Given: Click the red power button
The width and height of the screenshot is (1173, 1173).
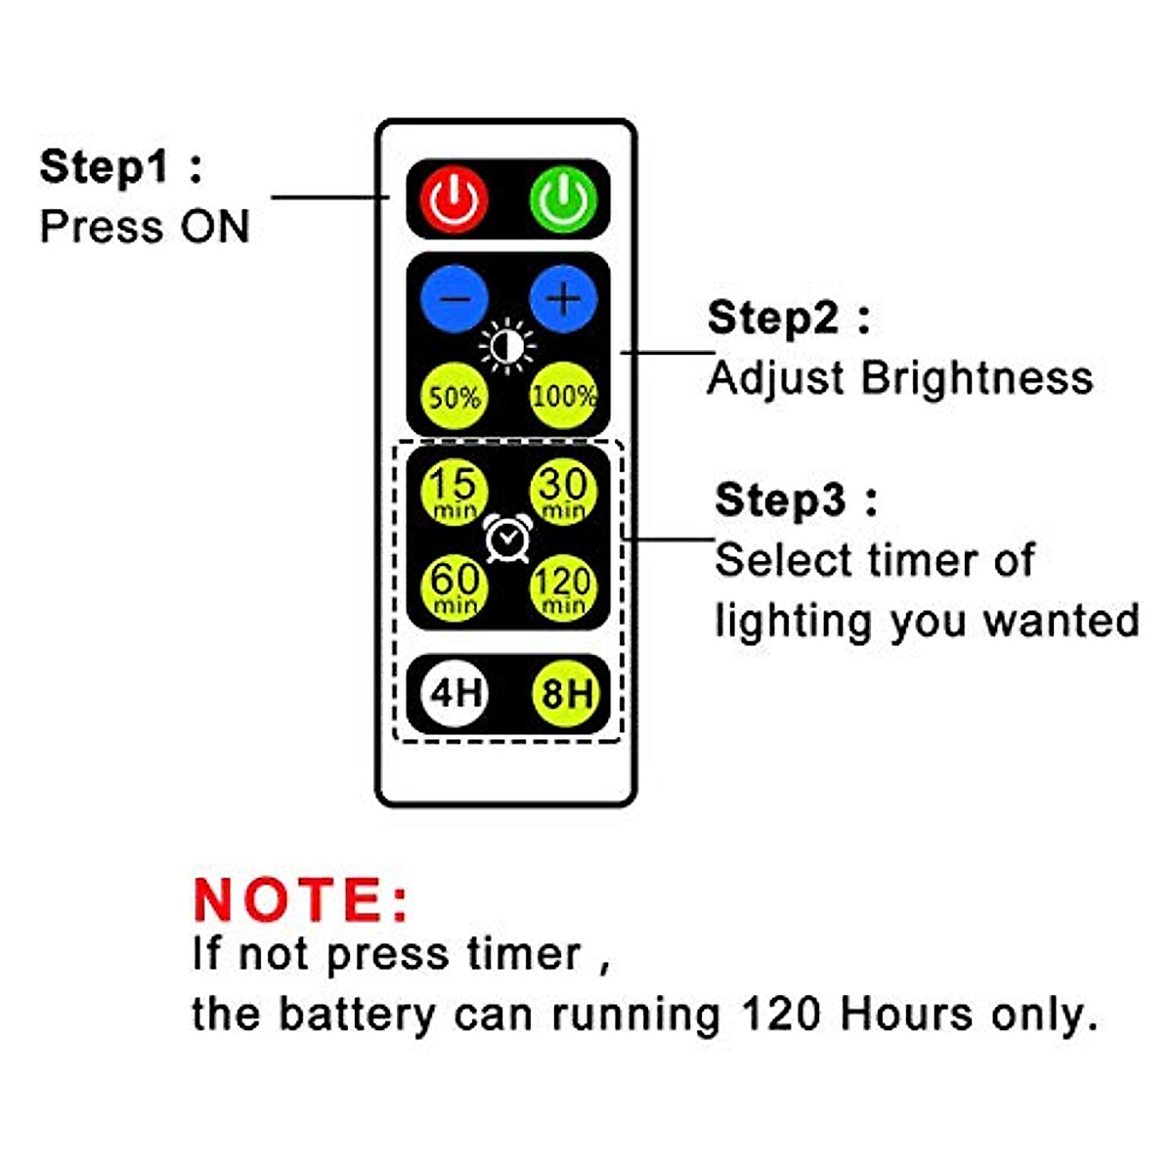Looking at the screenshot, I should point(455,199).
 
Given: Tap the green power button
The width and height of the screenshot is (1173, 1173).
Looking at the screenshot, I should point(563,199).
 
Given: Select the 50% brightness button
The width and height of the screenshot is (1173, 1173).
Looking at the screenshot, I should point(455,397).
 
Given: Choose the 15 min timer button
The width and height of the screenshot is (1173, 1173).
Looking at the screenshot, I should point(455,492).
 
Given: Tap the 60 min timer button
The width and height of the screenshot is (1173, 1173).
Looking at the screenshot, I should point(455,587).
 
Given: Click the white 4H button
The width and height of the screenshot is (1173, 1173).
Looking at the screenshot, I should point(456,693).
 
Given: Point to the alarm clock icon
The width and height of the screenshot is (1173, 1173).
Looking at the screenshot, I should point(508,539).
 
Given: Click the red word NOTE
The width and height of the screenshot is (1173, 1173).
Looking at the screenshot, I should point(301,900).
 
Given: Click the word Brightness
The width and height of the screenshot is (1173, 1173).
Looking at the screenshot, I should point(977,378).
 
